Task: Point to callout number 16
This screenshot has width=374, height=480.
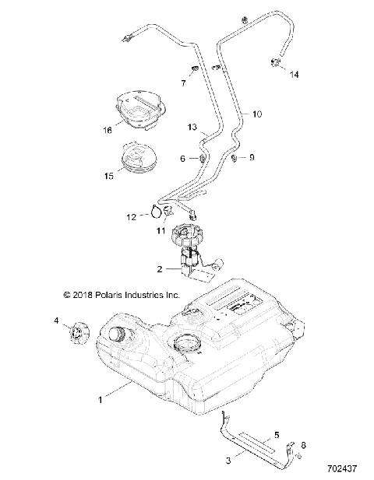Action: coord(108,131)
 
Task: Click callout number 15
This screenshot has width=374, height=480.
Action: coord(107,177)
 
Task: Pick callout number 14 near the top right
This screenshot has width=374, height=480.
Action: coord(295,75)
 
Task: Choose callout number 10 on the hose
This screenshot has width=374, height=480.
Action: coord(257,114)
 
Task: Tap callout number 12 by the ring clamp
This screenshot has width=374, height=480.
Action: coord(131,217)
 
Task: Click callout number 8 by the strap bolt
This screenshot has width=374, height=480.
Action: coord(304,446)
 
